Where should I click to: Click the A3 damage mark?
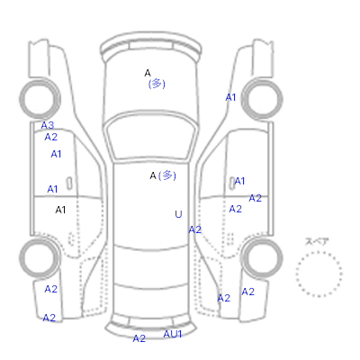(48, 125)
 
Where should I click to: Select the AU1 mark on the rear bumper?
(173, 334)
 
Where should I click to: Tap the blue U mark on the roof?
(178, 214)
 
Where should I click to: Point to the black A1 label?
(60, 210)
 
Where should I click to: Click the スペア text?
(317, 241)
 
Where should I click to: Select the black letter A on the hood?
(148, 73)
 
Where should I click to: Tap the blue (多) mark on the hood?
(157, 84)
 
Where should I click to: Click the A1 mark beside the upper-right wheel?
(230, 97)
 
